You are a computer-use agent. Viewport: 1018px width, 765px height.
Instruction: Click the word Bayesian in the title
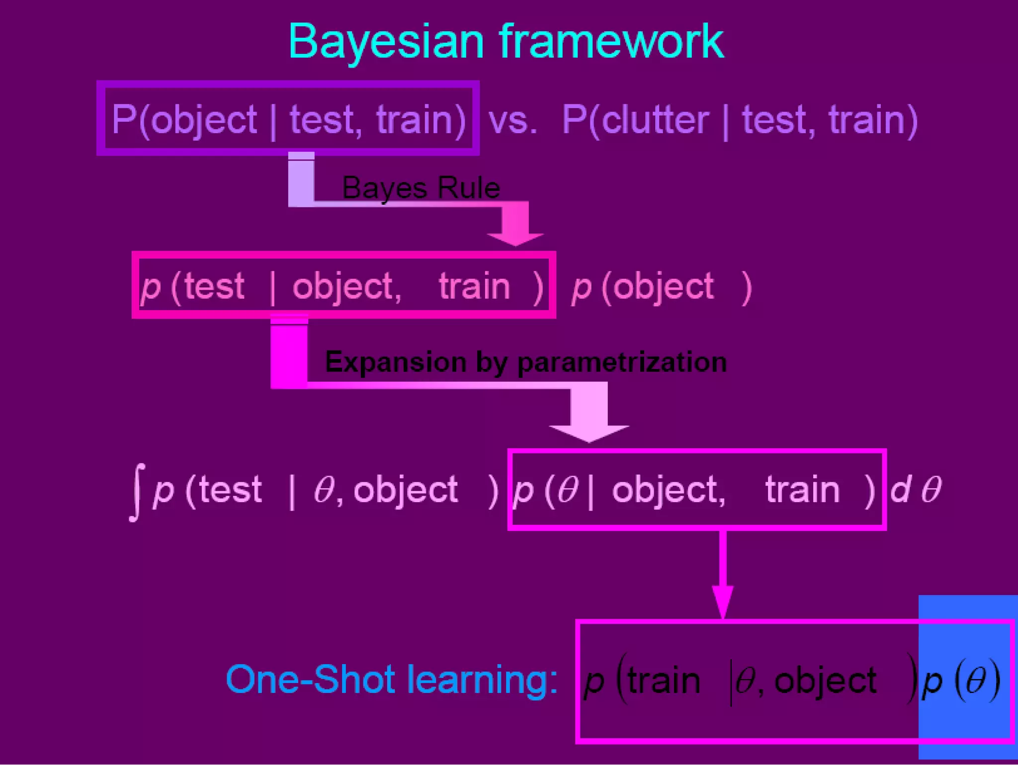386,42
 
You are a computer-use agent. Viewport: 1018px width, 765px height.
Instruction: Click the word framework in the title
611,42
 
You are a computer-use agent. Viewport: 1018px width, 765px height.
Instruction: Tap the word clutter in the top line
655,120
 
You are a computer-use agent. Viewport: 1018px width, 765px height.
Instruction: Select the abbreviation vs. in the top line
512,121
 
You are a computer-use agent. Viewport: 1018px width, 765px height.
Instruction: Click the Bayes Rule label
421,188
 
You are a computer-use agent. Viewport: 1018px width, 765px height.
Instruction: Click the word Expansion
395,362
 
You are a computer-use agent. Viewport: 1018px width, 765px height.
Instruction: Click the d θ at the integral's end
915,490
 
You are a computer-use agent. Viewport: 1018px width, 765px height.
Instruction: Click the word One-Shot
310,680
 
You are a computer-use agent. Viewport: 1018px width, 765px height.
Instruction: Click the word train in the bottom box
664,680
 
